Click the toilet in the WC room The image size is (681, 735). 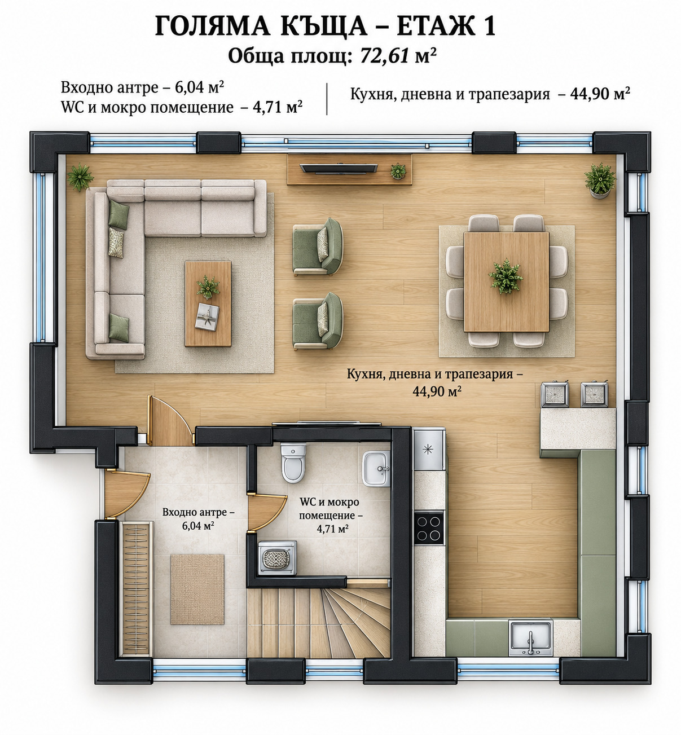293,463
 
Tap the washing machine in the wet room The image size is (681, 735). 278,558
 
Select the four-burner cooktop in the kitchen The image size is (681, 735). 429,529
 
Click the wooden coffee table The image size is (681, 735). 208,304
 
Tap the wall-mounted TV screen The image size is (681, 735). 339,169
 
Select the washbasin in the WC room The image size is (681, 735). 376,469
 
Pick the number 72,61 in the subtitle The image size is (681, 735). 385,56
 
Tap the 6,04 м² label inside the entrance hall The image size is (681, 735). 198,526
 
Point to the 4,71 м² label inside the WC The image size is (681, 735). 332,529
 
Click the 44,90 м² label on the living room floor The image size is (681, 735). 437,391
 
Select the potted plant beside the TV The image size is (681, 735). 398,171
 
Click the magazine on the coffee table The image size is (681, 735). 207,316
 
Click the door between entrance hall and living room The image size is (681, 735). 169,421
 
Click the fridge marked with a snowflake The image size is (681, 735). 429,450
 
